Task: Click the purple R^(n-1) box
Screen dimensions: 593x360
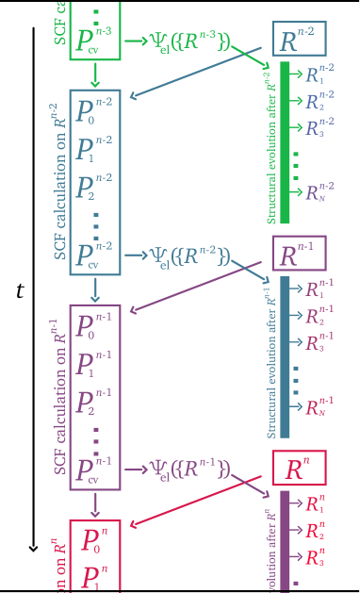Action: pos(298,253)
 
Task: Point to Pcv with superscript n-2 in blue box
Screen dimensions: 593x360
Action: pos(93,255)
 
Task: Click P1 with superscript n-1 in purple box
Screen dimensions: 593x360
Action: pos(93,363)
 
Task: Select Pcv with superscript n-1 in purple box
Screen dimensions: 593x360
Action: pos(93,469)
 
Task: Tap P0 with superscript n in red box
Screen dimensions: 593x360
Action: pos(93,540)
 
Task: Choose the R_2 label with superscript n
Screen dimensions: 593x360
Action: pos(317,529)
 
